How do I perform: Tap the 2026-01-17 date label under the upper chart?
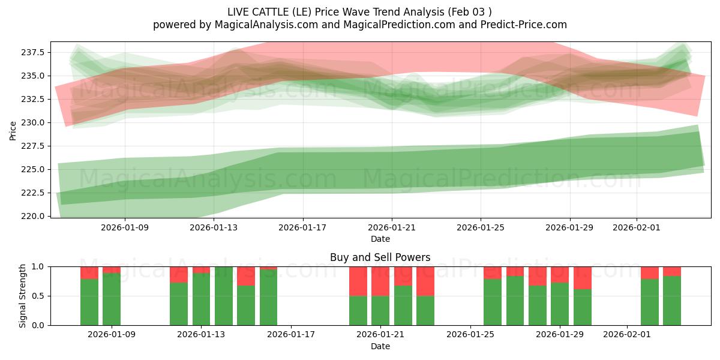pos(303,228)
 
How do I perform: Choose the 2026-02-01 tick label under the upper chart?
pos(637,228)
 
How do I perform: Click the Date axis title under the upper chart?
pos(380,239)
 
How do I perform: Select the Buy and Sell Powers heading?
pos(380,258)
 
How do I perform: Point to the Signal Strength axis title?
pos(22,296)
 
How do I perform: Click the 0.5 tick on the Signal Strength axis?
pos(38,296)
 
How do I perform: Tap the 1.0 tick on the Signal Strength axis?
pos(38,266)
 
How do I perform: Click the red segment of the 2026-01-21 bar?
pos(380,281)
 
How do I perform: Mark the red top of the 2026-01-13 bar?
pos(202,270)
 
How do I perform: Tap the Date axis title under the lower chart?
pos(380,346)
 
